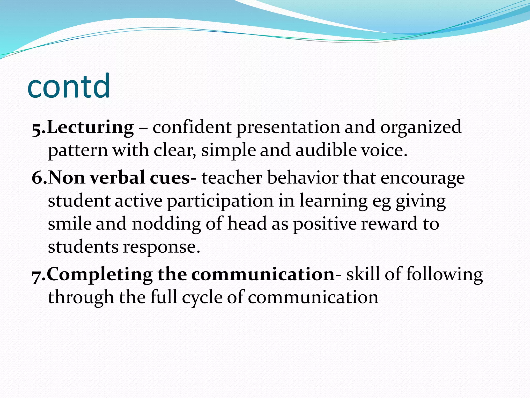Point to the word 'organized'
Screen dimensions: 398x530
point(421,127)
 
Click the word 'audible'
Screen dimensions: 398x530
point(326,150)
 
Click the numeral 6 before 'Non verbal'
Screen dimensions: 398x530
point(37,178)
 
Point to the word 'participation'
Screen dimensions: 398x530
point(220,201)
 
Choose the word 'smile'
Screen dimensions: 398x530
point(70,224)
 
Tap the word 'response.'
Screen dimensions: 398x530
point(161,247)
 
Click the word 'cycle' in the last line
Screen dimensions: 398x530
point(202,297)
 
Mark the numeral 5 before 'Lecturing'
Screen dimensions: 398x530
point(37,129)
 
